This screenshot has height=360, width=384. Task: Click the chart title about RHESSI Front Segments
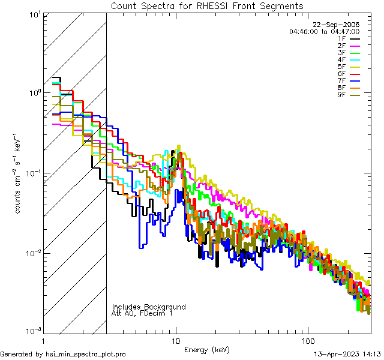207,6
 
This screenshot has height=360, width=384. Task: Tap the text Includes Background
149,307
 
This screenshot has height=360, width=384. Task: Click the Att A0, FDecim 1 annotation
143,313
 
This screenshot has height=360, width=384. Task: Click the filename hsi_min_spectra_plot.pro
86,355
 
